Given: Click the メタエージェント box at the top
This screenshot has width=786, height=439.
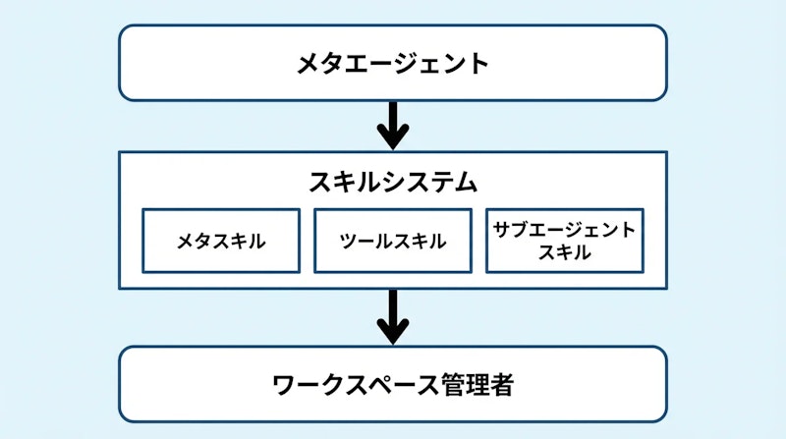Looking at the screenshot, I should [393, 64].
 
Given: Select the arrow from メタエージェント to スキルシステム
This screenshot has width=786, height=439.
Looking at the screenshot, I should [393, 124].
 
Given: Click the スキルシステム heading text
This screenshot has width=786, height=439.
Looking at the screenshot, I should [393, 182].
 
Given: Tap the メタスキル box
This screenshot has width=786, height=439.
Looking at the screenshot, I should [221, 241].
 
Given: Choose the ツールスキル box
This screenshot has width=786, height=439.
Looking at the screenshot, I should [393, 241].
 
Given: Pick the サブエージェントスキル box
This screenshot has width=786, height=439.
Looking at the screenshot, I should [565, 241].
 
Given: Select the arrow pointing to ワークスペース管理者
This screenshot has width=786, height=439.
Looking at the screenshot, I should [393, 315].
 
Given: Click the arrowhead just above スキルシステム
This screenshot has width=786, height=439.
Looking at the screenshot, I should [393, 137].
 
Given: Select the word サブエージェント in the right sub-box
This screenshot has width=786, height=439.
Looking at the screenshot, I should [565, 230].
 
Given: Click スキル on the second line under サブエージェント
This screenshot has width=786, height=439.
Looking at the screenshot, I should [565, 251].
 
